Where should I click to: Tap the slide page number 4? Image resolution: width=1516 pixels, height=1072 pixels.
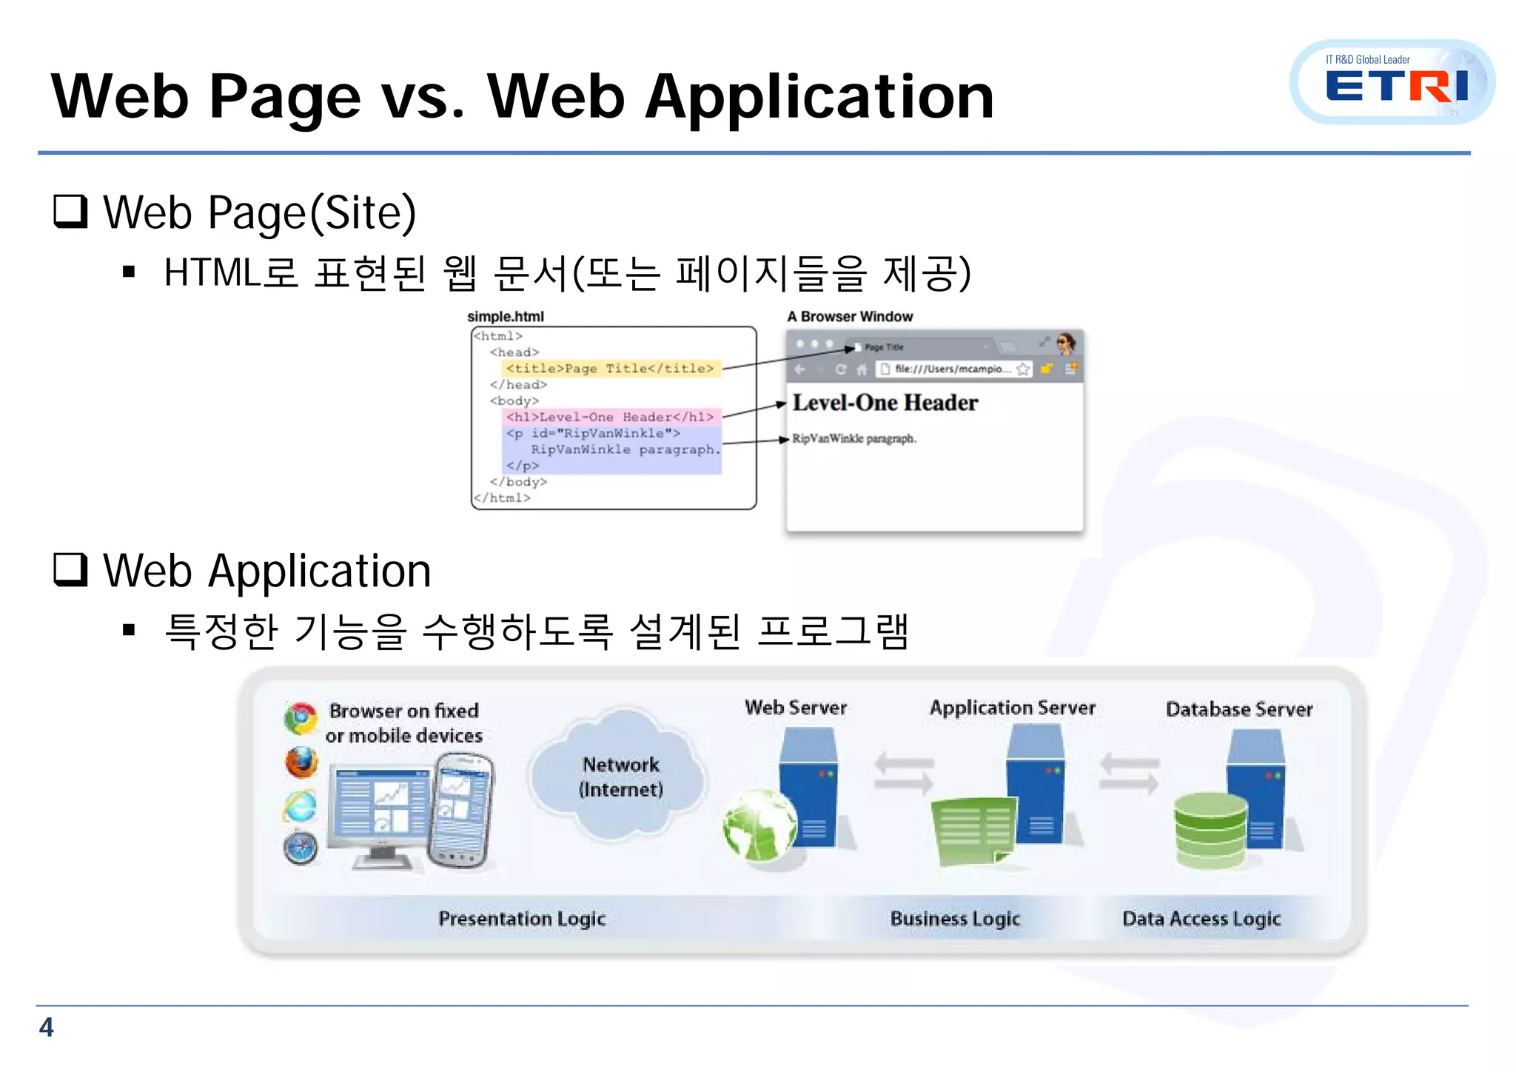pyautogui.click(x=46, y=1028)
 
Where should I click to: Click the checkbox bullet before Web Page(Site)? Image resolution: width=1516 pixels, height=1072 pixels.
pyautogui.click(x=71, y=212)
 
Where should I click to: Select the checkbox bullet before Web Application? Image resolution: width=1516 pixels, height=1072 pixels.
pyautogui.click(x=71, y=570)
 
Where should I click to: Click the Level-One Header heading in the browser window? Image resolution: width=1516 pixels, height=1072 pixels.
pyautogui.click(x=885, y=403)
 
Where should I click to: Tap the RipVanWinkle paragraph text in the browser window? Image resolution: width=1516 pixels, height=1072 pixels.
pyautogui.click(x=854, y=439)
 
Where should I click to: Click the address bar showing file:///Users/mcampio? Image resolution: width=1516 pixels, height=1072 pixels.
pyautogui.click(x=951, y=369)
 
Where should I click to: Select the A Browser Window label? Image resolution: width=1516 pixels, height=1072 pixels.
pyautogui.click(x=850, y=317)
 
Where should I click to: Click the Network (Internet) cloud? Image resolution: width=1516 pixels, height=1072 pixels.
pyautogui.click(x=620, y=776)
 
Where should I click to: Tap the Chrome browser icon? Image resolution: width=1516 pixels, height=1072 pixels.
pyautogui.click(x=301, y=718)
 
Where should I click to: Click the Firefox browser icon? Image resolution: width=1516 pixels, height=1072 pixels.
pyautogui.click(x=301, y=763)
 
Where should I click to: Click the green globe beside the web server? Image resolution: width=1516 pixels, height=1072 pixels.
pyautogui.click(x=759, y=825)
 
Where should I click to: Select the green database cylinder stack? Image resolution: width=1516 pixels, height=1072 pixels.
pyautogui.click(x=1210, y=829)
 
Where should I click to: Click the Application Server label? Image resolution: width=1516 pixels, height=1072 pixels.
pyautogui.click(x=1013, y=708)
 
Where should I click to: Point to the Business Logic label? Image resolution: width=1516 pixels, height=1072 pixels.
pyautogui.click(x=955, y=919)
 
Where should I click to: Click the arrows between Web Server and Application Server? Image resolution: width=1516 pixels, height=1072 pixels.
pyautogui.click(x=904, y=773)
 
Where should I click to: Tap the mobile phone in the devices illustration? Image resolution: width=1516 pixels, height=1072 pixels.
pyautogui.click(x=462, y=810)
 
